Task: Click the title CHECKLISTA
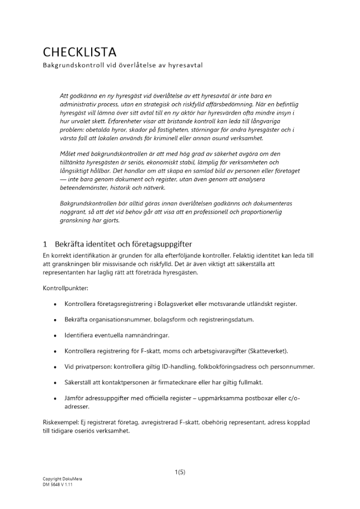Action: click(x=80, y=52)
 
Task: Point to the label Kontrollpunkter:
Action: click(x=66, y=288)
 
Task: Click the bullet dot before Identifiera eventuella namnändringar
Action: click(x=54, y=335)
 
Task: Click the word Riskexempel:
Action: click(x=62, y=422)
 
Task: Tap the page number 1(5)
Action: click(x=180, y=472)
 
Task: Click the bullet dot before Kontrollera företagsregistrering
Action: click(x=54, y=304)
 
